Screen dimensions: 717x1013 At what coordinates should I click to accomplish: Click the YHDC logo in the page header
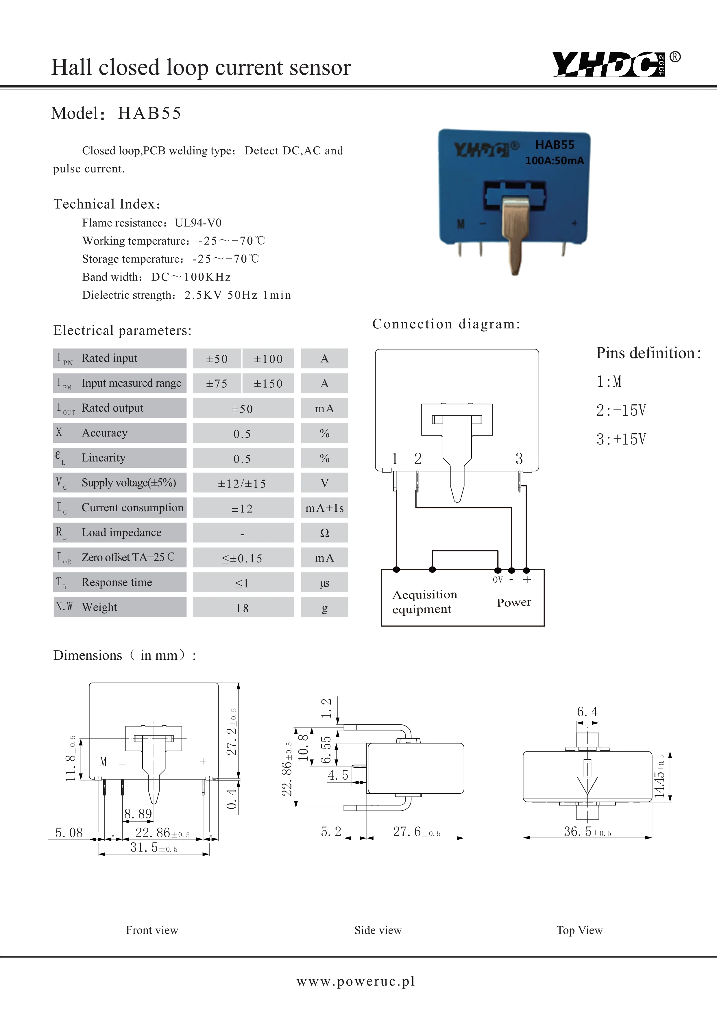(609, 64)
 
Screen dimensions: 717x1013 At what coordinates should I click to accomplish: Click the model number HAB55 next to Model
(149, 114)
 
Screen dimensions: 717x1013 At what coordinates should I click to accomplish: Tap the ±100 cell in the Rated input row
(268, 359)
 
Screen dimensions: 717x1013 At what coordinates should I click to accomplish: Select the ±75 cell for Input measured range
(217, 383)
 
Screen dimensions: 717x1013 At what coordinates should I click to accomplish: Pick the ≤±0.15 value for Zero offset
(242, 558)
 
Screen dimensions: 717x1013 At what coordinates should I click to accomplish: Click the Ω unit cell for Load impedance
(324, 533)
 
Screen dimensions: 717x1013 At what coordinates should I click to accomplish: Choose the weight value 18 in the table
(242, 608)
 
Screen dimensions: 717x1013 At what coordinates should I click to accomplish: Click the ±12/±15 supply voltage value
(242, 484)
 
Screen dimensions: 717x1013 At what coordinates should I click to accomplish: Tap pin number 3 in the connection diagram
(519, 459)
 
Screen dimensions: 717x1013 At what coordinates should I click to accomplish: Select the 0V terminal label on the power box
(498, 580)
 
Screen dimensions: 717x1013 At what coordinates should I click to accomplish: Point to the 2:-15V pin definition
(621, 410)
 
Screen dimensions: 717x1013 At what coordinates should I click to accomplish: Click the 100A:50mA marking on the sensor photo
(555, 161)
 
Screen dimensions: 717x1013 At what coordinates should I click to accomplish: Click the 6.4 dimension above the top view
(587, 712)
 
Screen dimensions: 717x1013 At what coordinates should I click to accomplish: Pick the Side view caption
(378, 930)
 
